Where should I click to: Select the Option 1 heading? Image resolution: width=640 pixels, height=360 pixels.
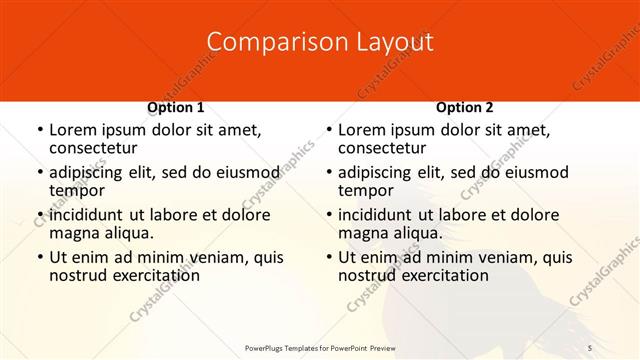pyautogui.click(x=176, y=106)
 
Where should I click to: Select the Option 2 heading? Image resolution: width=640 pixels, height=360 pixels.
pyautogui.click(x=465, y=106)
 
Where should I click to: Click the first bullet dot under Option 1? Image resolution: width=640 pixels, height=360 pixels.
pyautogui.click(x=38, y=130)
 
